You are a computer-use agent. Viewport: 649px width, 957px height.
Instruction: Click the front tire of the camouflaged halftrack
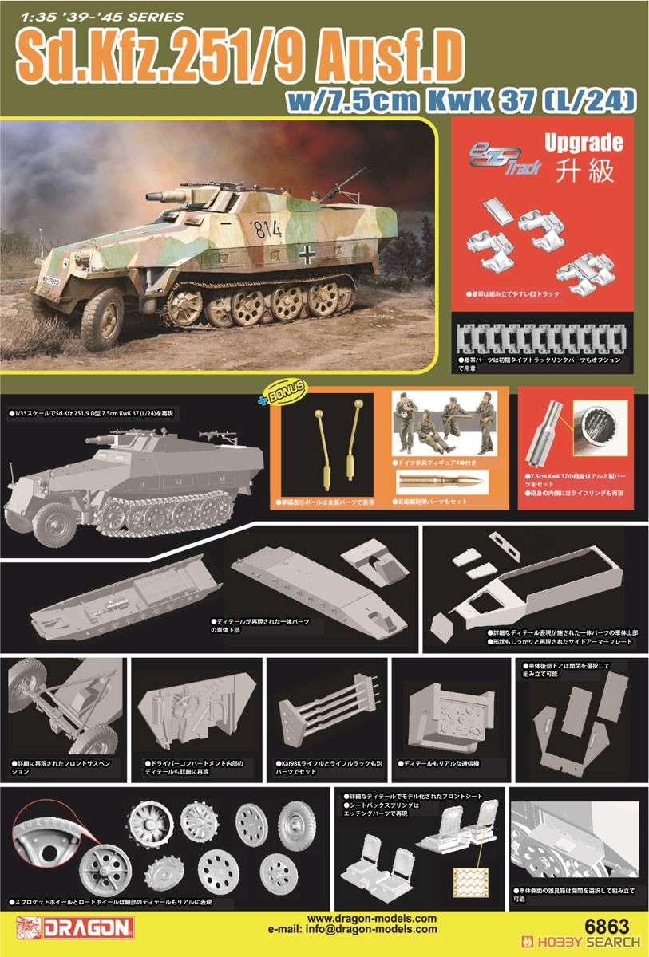(x=102, y=313)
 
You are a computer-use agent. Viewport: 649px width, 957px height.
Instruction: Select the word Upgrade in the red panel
(x=583, y=144)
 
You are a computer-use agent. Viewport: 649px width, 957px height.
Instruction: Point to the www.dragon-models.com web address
(x=372, y=918)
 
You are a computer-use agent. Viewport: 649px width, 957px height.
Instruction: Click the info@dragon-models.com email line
(x=372, y=929)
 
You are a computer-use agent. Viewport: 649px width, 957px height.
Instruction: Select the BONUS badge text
(x=290, y=388)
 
